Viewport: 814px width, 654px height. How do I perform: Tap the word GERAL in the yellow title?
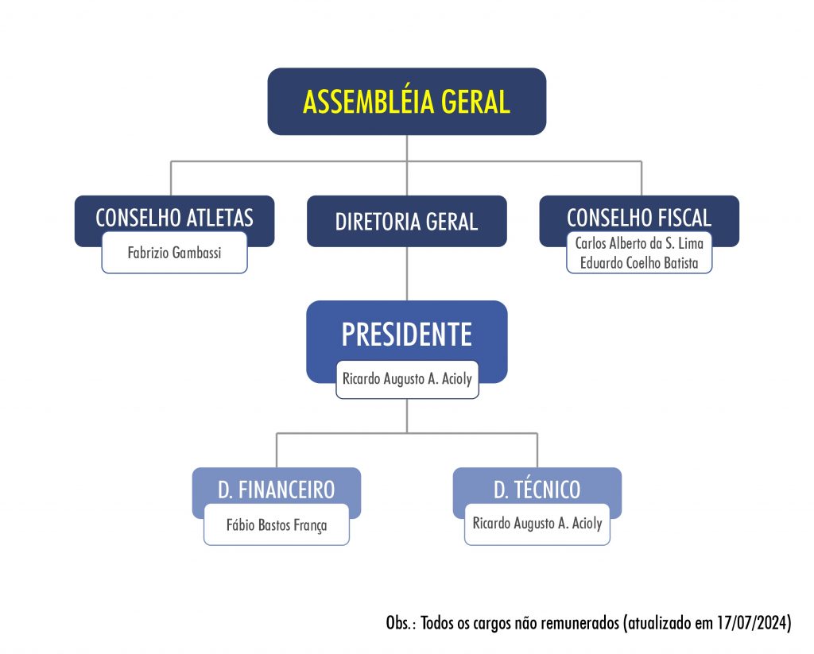[475, 102]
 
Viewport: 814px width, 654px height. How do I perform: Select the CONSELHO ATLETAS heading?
[174, 218]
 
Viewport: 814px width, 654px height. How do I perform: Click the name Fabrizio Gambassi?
[174, 253]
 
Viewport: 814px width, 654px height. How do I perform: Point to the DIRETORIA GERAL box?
[407, 221]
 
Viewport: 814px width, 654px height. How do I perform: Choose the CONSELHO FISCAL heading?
[639, 218]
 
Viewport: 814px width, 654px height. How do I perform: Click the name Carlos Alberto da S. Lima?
[639, 243]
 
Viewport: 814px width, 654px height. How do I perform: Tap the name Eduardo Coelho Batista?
[639, 263]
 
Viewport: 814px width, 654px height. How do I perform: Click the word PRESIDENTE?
[407, 335]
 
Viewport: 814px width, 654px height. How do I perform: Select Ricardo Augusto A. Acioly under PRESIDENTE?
[407, 379]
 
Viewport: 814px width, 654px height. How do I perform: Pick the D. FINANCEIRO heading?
[276, 490]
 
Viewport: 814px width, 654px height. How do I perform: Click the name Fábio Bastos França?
[277, 524]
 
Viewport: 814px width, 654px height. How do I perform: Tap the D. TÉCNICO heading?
[537, 490]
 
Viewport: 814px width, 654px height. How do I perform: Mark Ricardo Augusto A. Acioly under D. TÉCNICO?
[537, 523]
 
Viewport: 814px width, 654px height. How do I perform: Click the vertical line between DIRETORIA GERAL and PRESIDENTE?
[407, 273]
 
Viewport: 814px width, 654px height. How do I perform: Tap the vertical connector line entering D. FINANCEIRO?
[277, 450]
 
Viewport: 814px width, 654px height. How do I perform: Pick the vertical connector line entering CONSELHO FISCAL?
[642, 179]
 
